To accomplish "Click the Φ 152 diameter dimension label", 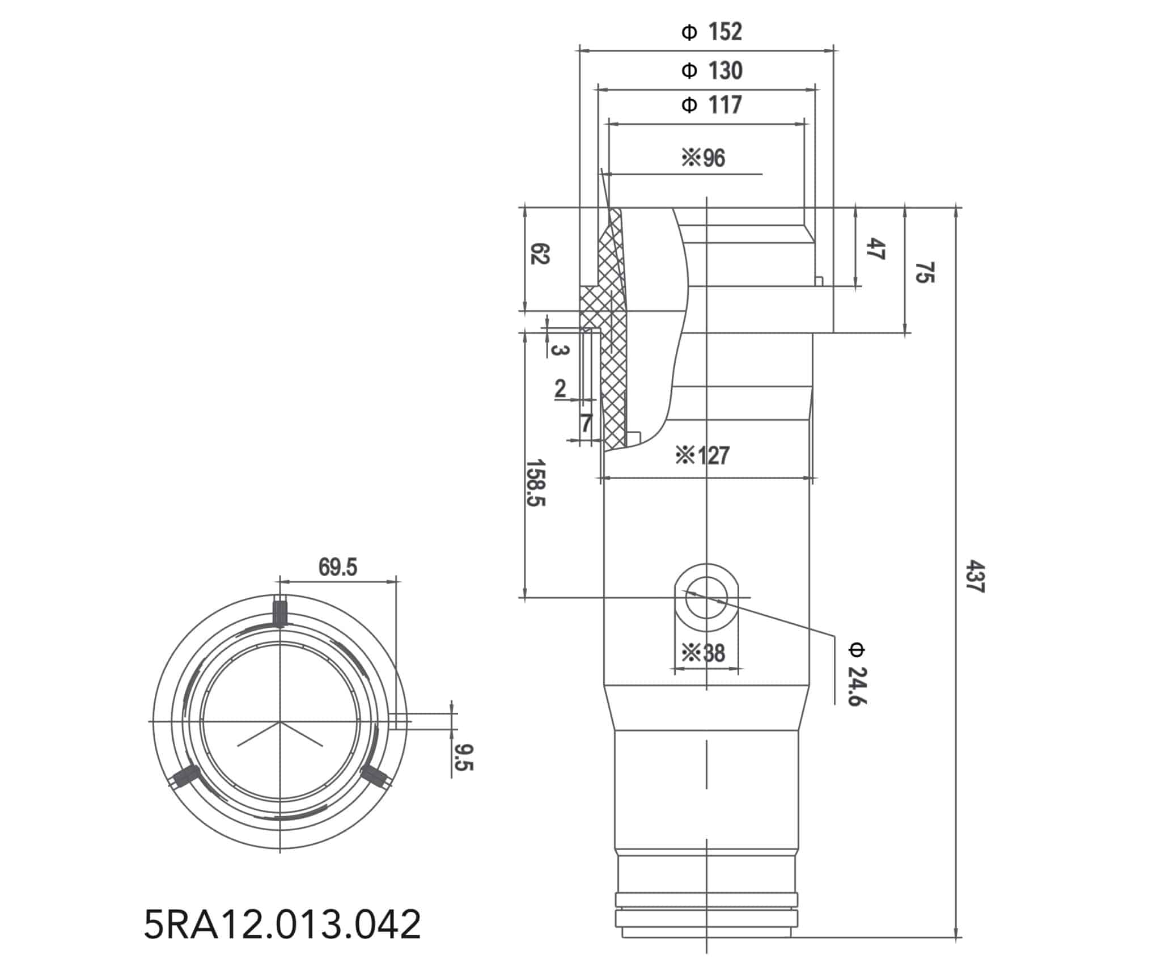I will pyautogui.click(x=712, y=32).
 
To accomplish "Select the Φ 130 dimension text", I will pyautogui.click(x=712, y=71).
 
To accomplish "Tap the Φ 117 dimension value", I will pyautogui.click(x=712, y=105).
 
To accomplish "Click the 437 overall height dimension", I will pyautogui.click(x=976, y=577).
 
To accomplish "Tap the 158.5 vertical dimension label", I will pyautogui.click(x=536, y=483).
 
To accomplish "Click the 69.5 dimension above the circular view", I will pyautogui.click(x=338, y=567).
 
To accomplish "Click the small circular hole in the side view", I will pyautogui.click(x=706, y=598).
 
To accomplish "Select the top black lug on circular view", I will pyautogui.click(x=280, y=611).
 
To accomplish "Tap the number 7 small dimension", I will pyautogui.click(x=586, y=423).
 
